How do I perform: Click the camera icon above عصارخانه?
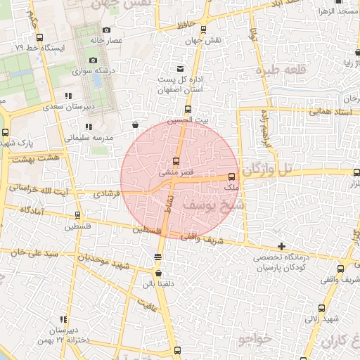pyautogui.click(x=106, y=30)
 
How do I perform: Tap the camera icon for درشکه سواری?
pyautogui.click(x=94, y=60)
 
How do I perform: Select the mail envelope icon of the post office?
pyautogui.click(x=181, y=68)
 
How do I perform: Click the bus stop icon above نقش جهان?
pyautogui.click(x=203, y=30)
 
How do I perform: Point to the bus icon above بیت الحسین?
pyautogui.click(x=188, y=109)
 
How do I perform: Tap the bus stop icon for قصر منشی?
pyautogui.click(x=176, y=161)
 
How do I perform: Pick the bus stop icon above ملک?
pyautogui.click(x=232, y=176)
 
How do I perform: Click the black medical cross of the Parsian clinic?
pyautogui.click(x=281, y=246)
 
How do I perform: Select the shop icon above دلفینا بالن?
pyautogui.click(x=157, y=274)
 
